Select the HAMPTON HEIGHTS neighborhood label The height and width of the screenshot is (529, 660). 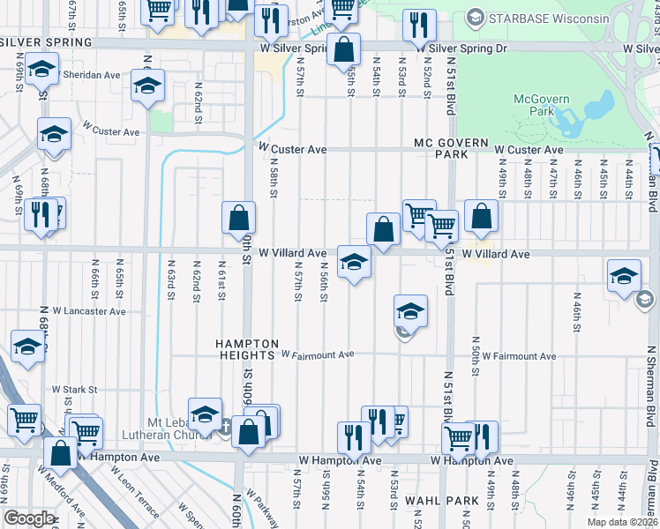pos(249,349)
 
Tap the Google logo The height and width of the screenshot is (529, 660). pos(29,518)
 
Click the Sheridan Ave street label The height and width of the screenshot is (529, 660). pos(92,75)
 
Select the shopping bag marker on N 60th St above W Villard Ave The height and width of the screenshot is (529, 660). pos(239,217)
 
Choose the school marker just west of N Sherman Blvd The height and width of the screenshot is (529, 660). pos(624,276)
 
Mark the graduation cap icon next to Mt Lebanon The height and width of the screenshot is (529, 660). pos(205,414)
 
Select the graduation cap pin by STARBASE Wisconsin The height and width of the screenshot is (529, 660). pos(476,17)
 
